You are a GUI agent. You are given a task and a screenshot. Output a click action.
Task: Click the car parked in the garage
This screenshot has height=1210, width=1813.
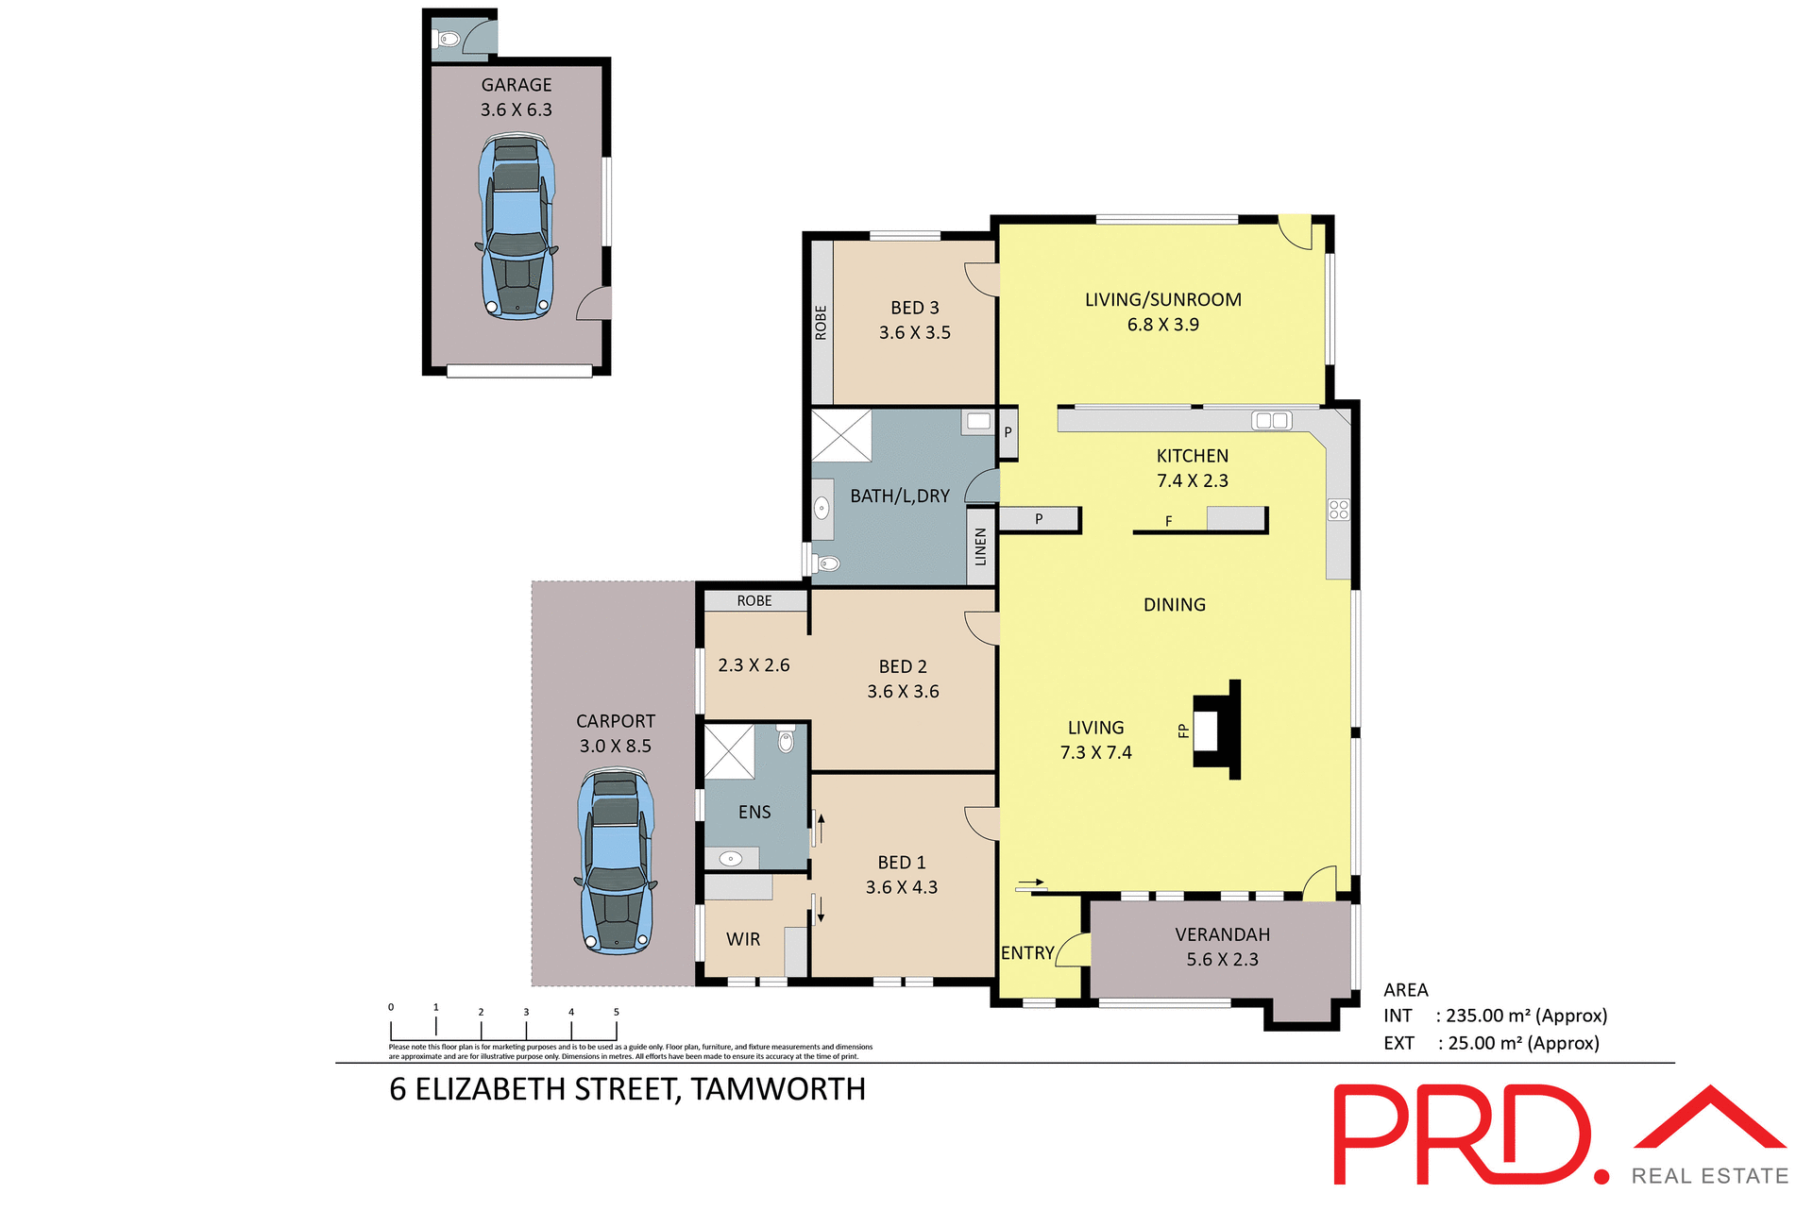[516, 226]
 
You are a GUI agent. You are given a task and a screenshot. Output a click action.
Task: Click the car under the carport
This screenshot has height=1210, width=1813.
[616, 861]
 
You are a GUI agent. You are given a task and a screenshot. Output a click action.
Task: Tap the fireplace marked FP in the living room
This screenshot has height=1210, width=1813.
[1215, 730]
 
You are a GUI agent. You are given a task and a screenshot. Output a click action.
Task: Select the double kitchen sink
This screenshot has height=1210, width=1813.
[1271, 421]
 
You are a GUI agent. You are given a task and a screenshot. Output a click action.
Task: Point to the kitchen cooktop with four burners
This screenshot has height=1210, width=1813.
[1338, 510]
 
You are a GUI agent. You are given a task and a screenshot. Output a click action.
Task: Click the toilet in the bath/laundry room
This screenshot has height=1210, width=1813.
[827, 564]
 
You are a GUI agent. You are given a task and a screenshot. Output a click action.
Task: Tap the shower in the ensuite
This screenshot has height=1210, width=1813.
[730, 751]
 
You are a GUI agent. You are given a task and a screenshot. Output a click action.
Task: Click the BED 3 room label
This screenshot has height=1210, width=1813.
[914, 308]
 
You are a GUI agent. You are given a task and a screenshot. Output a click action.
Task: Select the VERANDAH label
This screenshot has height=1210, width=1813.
[1222, 934]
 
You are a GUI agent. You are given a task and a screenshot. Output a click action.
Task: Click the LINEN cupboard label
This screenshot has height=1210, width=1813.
[980, 547]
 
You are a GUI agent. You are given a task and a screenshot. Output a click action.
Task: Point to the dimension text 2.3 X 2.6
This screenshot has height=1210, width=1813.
[754, 665]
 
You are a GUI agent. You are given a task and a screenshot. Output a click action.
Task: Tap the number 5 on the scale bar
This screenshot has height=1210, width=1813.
[617, 1012]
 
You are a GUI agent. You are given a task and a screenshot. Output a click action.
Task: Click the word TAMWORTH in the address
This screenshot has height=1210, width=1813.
[778, 1089]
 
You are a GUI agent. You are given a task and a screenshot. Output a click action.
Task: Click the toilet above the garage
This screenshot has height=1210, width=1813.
[449, 40]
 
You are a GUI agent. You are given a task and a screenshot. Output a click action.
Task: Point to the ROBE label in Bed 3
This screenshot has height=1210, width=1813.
[821, 323]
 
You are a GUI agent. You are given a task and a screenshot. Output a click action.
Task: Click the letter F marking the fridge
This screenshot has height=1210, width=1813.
[1168, 521]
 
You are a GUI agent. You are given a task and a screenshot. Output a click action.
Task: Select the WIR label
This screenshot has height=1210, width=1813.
[743, 939]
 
